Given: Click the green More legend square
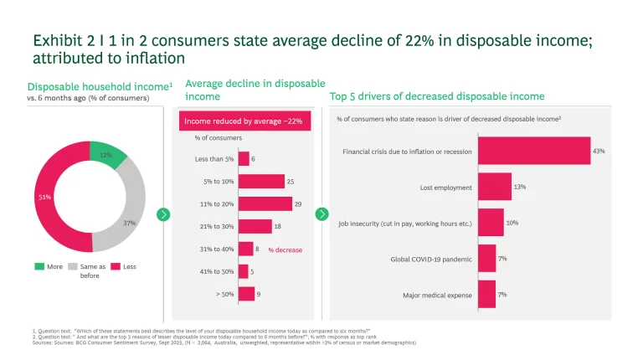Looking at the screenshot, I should [x=39, y=266].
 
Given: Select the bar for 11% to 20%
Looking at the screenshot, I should [x=265, y=203].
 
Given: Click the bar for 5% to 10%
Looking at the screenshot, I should [x=261, y=181].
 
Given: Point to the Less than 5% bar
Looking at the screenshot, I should [x=244, y=158].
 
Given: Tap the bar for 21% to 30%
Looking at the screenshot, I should [x=255, y=226].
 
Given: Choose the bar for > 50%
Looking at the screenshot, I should [x=246, y=293].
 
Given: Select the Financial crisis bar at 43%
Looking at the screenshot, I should [x=533, y=152].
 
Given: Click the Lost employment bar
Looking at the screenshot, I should [x=494, y=187].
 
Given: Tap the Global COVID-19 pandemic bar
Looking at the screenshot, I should [x=486, y=259].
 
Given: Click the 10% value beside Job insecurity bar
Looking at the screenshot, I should [x=512, y=222].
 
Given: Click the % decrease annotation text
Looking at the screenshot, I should [x=285, y=249].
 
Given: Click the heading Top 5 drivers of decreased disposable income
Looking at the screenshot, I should [x=437, y=96].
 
